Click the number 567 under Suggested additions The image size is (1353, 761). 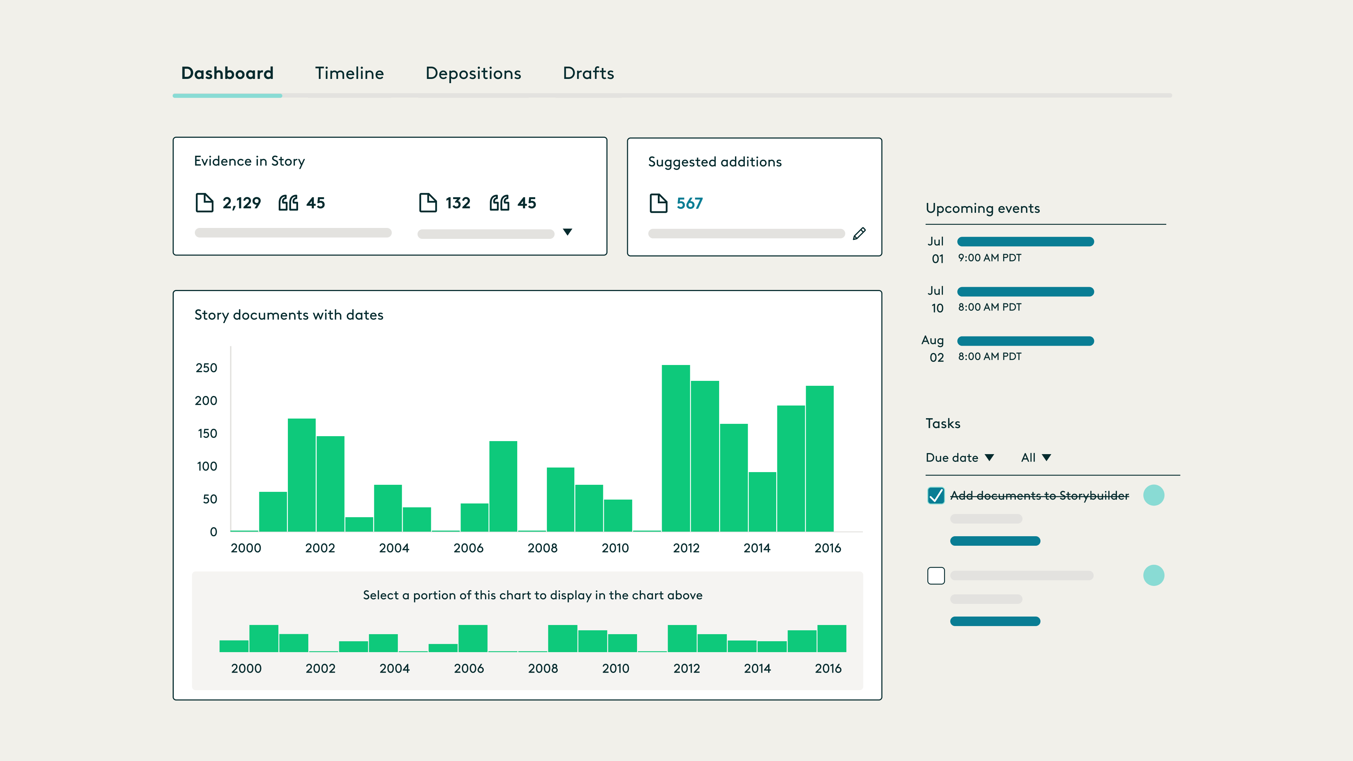click(x=689, y=203)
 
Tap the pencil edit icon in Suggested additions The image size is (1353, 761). click(x=859, y=234)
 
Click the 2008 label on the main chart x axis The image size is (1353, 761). click(x=542, y=548)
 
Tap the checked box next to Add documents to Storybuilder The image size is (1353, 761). click(x=936, y=495)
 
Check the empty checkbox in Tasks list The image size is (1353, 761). click(x=936, y=576)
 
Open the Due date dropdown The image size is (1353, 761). click(x=959, y=457)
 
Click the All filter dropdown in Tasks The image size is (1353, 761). click(x=1035, y=457)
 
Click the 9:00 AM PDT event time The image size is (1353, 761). click(x=989, y=258)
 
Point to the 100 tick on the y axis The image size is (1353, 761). click(x=207, y=466)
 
